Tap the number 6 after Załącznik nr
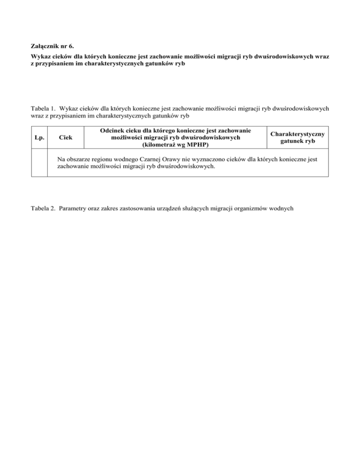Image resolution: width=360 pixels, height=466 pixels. coord(69,47)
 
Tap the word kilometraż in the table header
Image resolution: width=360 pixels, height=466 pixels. coord(160,145)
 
